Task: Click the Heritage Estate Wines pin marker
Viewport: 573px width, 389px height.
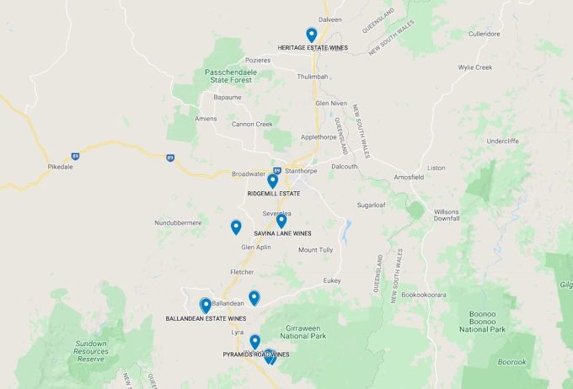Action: click(312, 35)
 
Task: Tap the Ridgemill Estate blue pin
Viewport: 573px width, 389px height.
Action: click(272, 180)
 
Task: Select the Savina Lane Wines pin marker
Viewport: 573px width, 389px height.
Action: click(281, 221)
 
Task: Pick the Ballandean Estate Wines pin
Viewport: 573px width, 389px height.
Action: click(206, 305)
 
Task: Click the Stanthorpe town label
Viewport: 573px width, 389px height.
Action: click(301, 172)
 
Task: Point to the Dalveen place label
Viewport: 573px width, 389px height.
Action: click(330, 19)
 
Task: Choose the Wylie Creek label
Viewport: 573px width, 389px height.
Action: click(475, 67)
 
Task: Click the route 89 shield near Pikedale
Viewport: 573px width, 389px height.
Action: click(76, 156)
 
